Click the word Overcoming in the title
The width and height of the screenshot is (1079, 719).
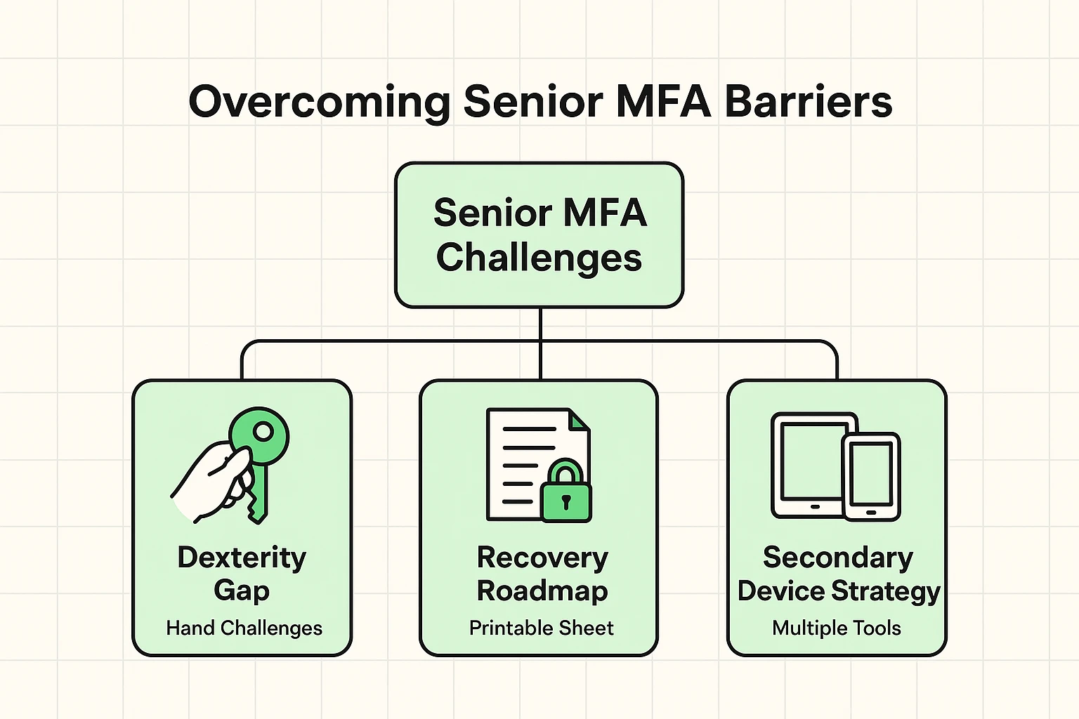pos(320,102)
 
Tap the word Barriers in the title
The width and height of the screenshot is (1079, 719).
pos(808,102)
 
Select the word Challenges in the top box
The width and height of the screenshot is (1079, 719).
pos(539,257)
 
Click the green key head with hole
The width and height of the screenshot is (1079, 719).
pos(260,435)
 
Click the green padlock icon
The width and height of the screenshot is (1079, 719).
pos(566,494)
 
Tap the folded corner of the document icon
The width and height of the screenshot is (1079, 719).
pos(579,421)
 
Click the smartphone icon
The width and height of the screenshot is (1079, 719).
pos(871,476)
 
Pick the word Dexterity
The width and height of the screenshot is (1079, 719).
pos(242,558)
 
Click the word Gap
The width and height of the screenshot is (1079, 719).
pos(242,591)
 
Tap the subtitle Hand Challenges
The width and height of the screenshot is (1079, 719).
pos(244,628)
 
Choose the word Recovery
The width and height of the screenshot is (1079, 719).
pos(542,558)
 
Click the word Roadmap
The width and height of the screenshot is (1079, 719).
pos(542,591)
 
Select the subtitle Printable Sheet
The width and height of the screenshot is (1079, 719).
pos(541,628)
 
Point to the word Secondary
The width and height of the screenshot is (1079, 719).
pos(837,558)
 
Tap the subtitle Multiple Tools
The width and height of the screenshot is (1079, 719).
pos(836,628)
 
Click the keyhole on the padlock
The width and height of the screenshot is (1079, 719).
pos(566,501)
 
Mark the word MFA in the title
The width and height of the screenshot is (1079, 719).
pos(663,102)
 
